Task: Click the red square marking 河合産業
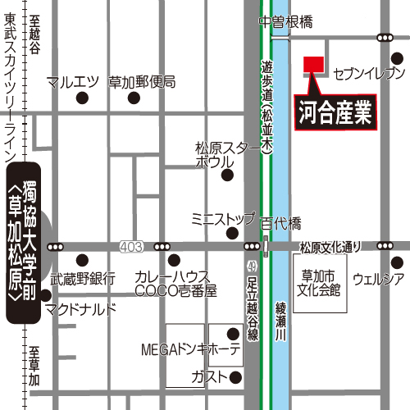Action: click(x=313, y=65)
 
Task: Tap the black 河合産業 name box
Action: click(x=334, y=112)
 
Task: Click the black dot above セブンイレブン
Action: click(x=397, y=58)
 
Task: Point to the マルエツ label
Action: click(x=73, y=82)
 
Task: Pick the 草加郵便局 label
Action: click(x=143, y=82)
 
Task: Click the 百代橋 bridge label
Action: click(x=281, y=224)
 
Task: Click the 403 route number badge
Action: click(x=130, y=246)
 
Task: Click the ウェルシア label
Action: click(x=378, y=280)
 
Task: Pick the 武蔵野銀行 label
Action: click(x=83, y=277)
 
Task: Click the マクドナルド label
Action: click(x=81, y=308)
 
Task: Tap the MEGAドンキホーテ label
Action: click(x=189, y=350)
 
